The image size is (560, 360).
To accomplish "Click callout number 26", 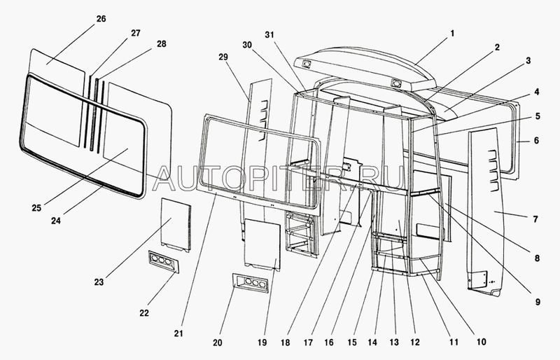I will [x=101, y=18].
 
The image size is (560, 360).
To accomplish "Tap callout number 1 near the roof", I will [x=452, y=34].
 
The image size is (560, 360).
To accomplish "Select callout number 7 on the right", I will [x=535, y=219].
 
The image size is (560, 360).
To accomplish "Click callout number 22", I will [x=143, y=313].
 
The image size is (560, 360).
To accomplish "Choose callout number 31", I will [x=269, y=35].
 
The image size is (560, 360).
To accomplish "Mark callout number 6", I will [x=535, y=140].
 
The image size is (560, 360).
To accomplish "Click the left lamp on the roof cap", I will [x=307, y=64].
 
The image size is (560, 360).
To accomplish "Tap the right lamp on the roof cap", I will [x=396, y=83].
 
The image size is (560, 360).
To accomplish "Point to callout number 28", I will [x=162, y=44].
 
